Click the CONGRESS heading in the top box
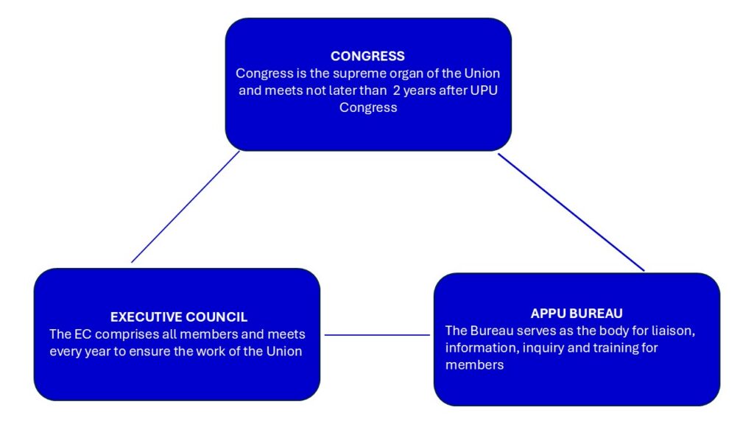click(x=367, y=56)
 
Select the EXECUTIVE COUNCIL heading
click(x=179, y=317)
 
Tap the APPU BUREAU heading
click(x=577, y=314)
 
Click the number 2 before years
click(x=396, y=91)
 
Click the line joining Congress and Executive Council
click(x=185, y=207)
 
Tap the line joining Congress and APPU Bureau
click(x=571, y=212)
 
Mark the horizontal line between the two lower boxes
click(x=377, y=335)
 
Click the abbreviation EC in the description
click(x=82, y=335)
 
